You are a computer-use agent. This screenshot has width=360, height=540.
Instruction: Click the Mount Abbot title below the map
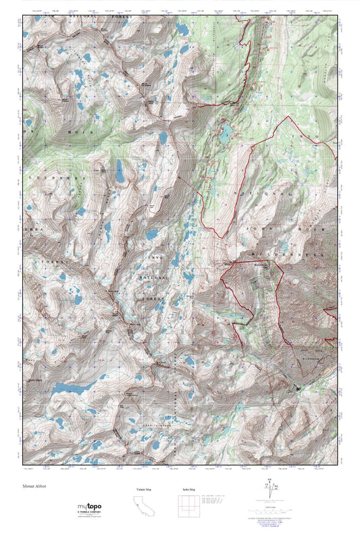pyautogui.click(x=33, y=485)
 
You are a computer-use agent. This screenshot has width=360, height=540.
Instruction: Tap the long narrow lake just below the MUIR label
pyautogui.click(x=120, y=172)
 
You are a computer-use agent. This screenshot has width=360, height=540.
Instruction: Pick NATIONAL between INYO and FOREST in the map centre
pyautogui.click(x=154, y=277)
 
